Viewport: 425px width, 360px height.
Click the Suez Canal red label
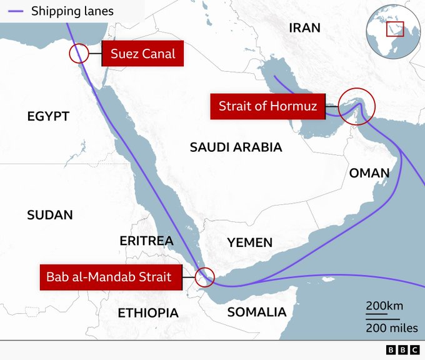pyautogui.click(x=143, y=54)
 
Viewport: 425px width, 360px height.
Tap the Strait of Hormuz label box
pyautogui.click(x=268, y=106)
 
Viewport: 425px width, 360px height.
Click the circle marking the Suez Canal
pyautogui.click(x=79, y=54)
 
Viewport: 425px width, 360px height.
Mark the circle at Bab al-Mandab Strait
pyautogui.click(x=204, y=276)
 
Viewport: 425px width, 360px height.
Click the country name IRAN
pyautogui.click(x=304, y=27)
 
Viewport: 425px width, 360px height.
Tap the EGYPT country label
pyautogui.click(x=48, y=116)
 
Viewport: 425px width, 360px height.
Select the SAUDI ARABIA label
pyautogui.click(x=236, y=147)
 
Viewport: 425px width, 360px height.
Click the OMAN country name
pyautogui.click(x=369, y=173)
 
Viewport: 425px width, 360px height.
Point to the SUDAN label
pyautogui.click(x=50, y=215)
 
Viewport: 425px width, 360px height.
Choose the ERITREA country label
pyautogui.click(x=146, y=241)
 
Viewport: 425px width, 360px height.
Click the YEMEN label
pyautogui.click(x=249, y=242)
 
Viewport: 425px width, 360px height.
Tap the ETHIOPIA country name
pyautogui.click(x=148, y=312)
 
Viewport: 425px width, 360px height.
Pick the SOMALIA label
pyautogui.click(x=256, y=312)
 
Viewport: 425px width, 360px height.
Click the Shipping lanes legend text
pyautogui.click(x=72, y=11)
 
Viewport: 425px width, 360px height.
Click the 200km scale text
pyautogui.click(x=384, y=306)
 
